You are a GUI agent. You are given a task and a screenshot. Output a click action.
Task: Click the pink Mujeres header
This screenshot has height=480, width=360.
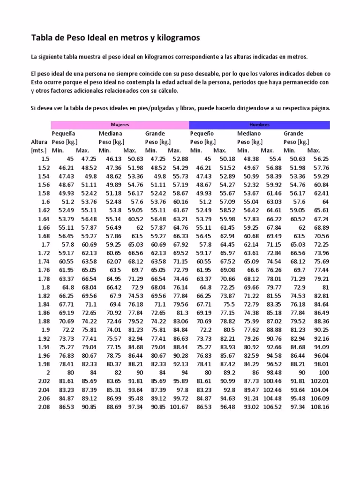pyautogui.click(x=120, y=125)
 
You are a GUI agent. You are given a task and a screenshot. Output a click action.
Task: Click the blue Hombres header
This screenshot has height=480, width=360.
pyautogui.click(x=259, y=125)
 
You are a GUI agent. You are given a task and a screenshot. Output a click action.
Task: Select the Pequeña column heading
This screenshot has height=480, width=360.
pyautogui.click(x=64, y=134)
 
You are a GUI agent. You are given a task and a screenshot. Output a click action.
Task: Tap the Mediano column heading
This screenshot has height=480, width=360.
pyautogui.click(x=249, y=134)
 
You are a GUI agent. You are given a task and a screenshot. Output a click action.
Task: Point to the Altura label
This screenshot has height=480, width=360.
pyautogui.click(x=39, y=142)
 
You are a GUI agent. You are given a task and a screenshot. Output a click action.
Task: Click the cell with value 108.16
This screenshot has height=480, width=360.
pyautogui.click(x=320, y=407)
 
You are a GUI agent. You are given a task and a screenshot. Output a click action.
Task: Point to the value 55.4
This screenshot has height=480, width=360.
pyautogui.click(x=275, y=159)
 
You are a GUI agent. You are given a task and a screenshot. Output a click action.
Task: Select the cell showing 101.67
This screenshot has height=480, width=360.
pyautogui.click(x=179, y=407)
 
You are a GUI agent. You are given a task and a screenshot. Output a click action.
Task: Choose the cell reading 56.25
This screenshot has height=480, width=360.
pyautogui.click(x=321, y=159)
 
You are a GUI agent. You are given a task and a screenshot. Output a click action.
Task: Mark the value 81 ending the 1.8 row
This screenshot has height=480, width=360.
pyautogui.click(x=325, y=287)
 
